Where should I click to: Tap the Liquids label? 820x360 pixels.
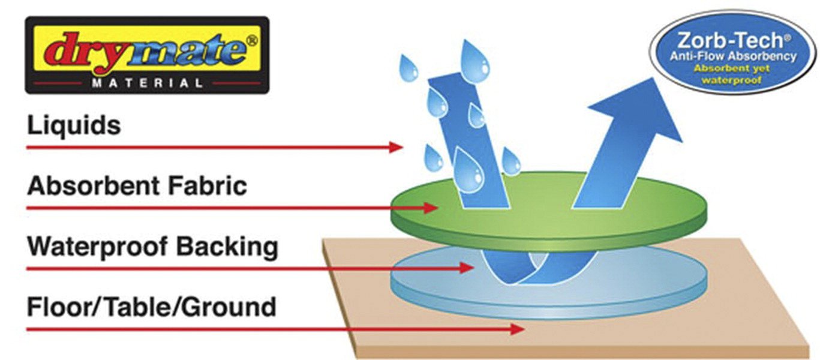coord(74,126)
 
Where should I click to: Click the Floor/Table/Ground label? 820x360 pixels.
coord(152,307)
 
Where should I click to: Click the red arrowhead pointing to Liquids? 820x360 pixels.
coord(395,147)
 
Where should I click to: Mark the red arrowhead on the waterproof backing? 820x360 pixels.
coord(467,268)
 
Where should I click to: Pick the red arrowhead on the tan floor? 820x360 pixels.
coord(518,329)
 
